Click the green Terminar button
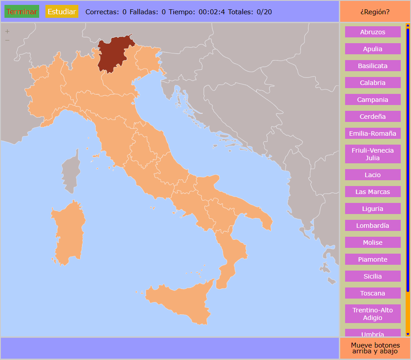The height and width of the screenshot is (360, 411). pyautogui.click(x=22, y=12)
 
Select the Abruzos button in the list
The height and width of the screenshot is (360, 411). pyautogui.click(x=373, y=32)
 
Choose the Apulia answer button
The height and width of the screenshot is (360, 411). pyautogui.click(x=373, y=49)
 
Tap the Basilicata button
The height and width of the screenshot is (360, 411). pyautogui.click(x=373, y=66)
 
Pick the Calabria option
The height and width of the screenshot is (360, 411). pyautogui.click(x=373, y=83)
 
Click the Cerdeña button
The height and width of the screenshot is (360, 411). pyautogui.click(x=373, y=117)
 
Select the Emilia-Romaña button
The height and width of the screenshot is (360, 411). pyautogui.click(x=373, y=133)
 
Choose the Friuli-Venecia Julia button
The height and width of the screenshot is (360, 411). pyautogui.click(x=373, y=154)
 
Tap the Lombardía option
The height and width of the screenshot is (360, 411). pyautogui.click(x=373, y=226)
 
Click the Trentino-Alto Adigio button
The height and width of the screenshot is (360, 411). pyautogui.click(x=373, y=314)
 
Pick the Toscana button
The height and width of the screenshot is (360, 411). pyautogui.click(x=373, y=293)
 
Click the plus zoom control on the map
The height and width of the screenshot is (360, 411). pyautogui.click(x=7, y=31)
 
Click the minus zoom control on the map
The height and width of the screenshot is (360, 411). pyautogui.click(x=7, y=40)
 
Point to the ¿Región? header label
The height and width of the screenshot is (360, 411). pyautogui.click(x=374, y=12)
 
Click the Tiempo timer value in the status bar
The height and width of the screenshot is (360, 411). pyautogui.click(x=212, y=12)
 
